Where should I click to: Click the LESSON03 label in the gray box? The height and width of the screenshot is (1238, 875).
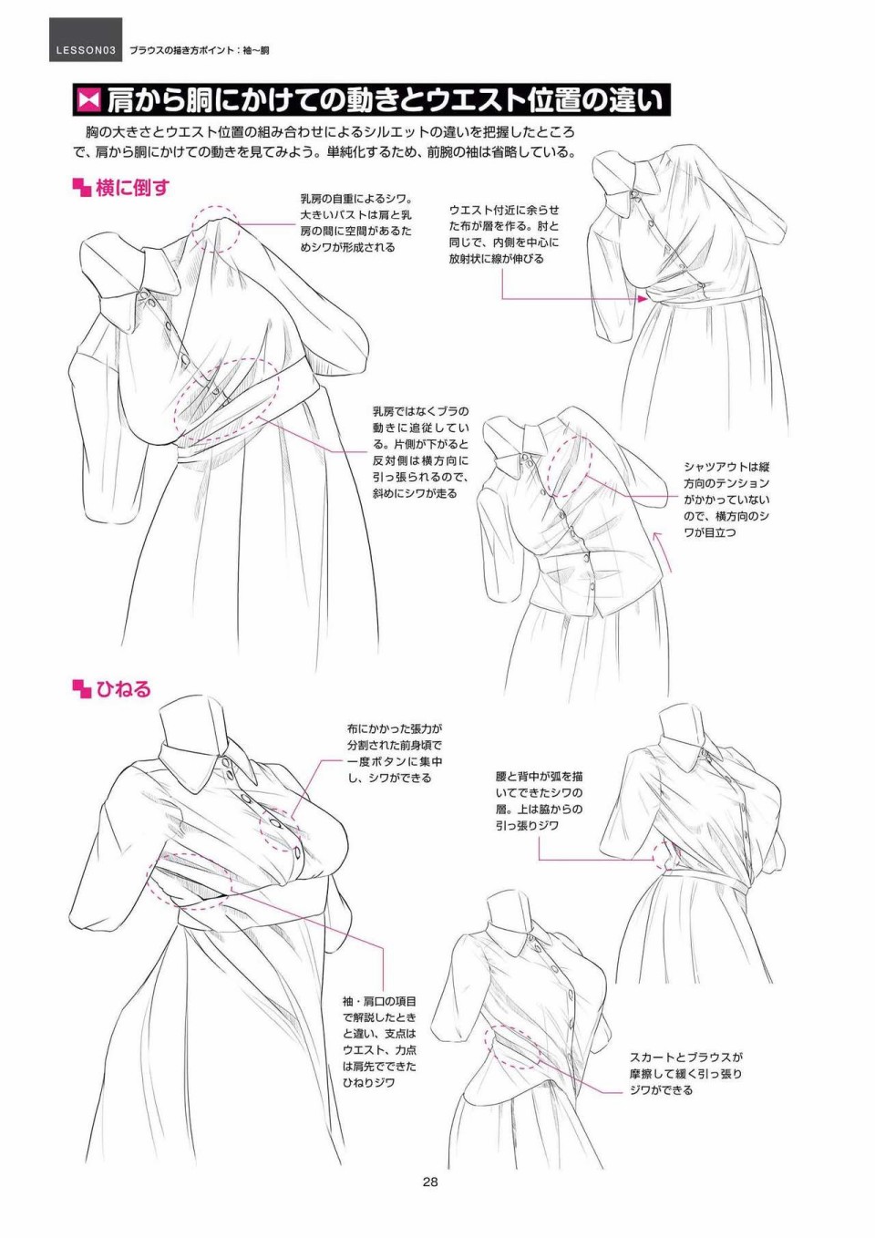pyautogui.click(x=86, y=51)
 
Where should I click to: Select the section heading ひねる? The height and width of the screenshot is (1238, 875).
pyautogui.click(x=123, y=689)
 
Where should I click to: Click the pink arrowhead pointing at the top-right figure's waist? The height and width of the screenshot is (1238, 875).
pyautogui.click(x=643, y=298)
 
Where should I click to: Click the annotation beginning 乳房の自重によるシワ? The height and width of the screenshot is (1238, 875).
pyautogui.click(x=355, y=222)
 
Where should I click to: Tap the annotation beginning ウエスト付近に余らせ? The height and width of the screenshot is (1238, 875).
pyautogui.click(x=504, y=234)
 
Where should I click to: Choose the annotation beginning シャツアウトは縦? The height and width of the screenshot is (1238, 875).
pyautogui.click(x=726, y=500)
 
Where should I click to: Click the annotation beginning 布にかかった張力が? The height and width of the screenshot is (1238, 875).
pyautogui.click(x=395, y=753)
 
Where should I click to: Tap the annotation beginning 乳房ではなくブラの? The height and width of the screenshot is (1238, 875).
pyautogui.click(x=420, y=452)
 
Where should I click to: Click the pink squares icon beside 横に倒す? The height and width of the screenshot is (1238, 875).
pyautogui.click(x=82, y=188)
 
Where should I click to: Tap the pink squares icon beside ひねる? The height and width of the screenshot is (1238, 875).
pyautogui.click(x=82, y=689)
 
